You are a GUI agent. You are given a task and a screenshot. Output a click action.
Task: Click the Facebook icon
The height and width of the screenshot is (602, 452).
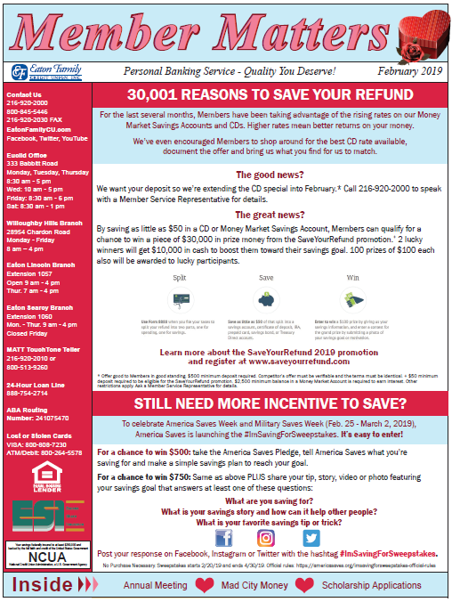click(223, 538)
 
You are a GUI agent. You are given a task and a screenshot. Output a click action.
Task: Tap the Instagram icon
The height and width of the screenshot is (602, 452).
click(266, 538)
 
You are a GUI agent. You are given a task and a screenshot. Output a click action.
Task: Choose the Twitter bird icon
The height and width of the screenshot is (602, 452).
click(311, 538)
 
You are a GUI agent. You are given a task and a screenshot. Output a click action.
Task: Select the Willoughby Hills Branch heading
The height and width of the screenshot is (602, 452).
click(43, 222)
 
